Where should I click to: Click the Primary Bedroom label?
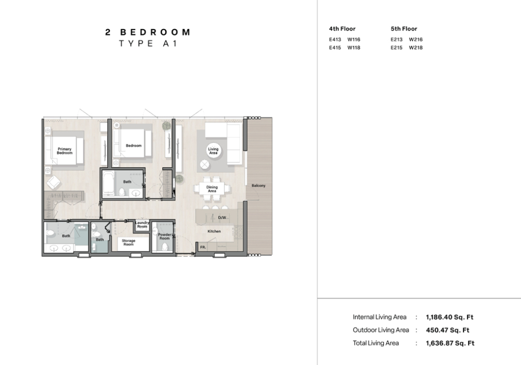pyautogui.click(x=65, y=151)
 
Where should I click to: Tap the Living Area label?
pyautogui.click(x=213, y=151)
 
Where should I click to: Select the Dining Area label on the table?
pyautogui.click(x=212, y=189)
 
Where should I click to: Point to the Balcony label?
pyautogui.click(x=258, y=185)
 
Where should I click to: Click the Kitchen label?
pyautogui.click(x=214, y=231)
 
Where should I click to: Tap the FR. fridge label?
pyautogui.click(x=203, y=247)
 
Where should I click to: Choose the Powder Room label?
pyautogui.click(x=164, y=236)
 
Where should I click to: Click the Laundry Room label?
pyautogui.click(x=142, y=224)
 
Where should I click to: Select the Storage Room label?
pyautogui.click(x=129, y=242)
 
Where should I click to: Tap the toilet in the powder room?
pyautogui.click(x=165, y=247)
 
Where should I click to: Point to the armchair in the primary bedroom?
pyautogui.click(x=53, y=182)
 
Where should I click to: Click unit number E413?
pyautogui.click(x=335, y=39)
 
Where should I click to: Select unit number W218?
pyautogui.click(x=416, y=47)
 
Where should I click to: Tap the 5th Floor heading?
pyautogui.click(x=403, y=29)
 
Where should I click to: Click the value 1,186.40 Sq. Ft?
pyautogui.click(x=450, y=317)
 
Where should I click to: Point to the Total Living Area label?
pyautogui.click(x=376, y=343)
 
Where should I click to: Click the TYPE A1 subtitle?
pyautogui.click(x=148, y=44)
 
